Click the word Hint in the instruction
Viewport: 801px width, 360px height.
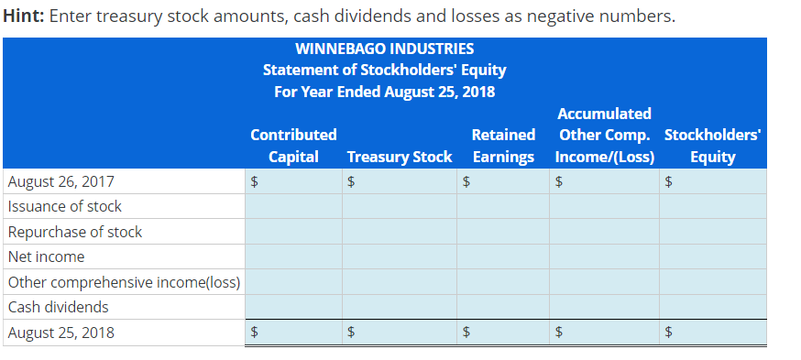click(x=24, y=16)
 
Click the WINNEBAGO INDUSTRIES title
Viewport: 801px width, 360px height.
click(x=385, y=49)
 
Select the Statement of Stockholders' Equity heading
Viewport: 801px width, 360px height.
click(x=385, y=70)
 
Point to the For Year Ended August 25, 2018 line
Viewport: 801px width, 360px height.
click(x=385, y=92)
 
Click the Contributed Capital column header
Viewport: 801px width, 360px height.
click(x=294, y=146)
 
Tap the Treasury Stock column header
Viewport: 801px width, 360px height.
click(x=400, y=157)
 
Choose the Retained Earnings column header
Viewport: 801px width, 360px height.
click(x=504, y=146)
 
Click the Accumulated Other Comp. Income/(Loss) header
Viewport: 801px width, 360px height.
click(x=605, y=135)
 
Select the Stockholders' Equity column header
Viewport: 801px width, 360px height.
click(x=713, y=146)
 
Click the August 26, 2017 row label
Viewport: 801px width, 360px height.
click(x=61, y=181)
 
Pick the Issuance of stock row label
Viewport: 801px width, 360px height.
click(x=65, y=206)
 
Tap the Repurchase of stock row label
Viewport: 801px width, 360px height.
click(x=75, y=232)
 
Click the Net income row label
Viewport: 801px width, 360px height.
click(x=47, y=256)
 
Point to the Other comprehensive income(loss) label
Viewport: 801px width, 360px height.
click(x=124, y=282)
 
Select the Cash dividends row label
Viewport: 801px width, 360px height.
click(x=59, y=307)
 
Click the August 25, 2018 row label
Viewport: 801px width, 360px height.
click(x=61, y=333)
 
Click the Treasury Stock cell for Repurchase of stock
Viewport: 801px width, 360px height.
click(x=400, y=232)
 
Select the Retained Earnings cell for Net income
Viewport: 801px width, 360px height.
click(x=503, y=256)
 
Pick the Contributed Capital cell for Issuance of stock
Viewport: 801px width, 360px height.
click(x=294, y=206)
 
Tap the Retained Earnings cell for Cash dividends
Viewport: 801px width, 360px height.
click(x=503, y=307)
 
